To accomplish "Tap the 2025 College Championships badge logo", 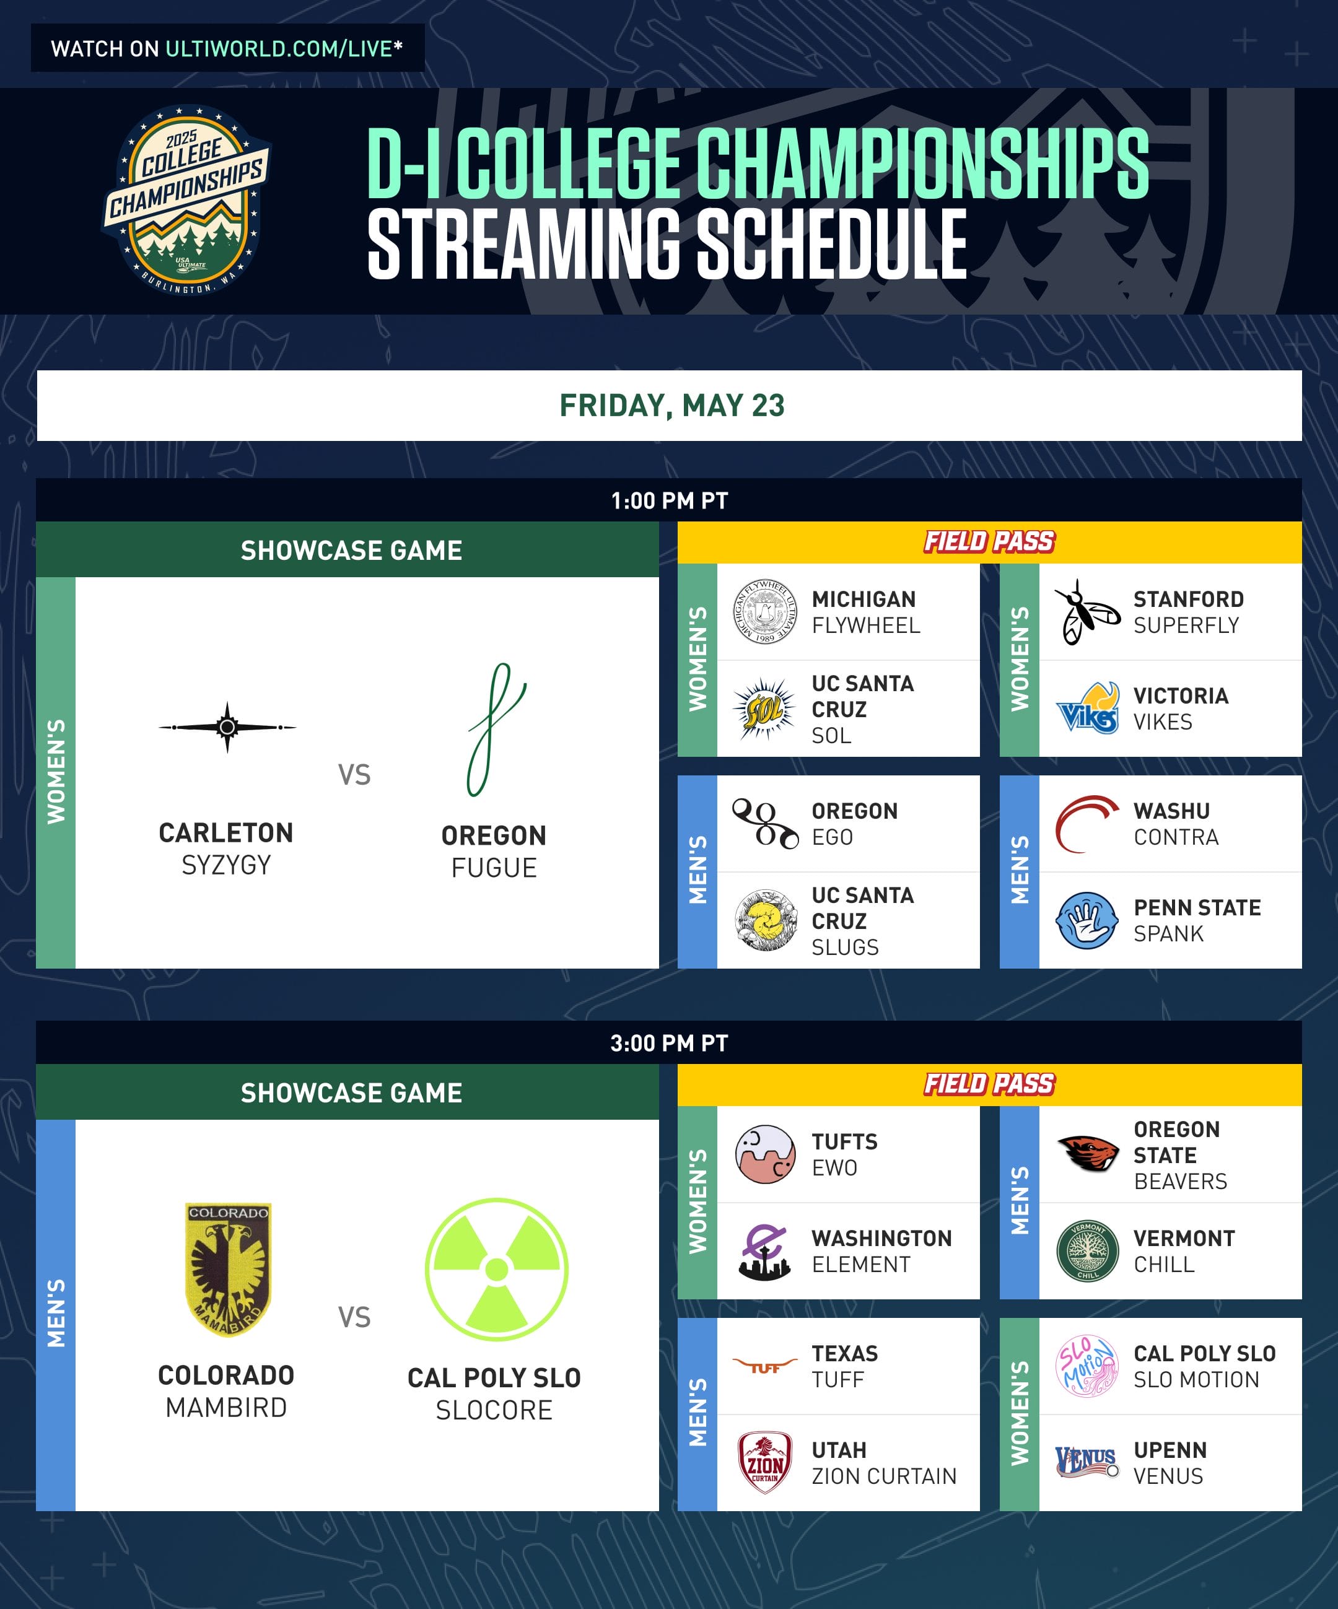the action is pyautogui.click(x=186, y=200).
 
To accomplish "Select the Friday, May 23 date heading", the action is pyautogui.click(x=672, y=405).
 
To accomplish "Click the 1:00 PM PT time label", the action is pyautogui.click(x=669, y=501).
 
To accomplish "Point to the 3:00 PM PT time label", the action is pyautogui.click(x=669, y=1043).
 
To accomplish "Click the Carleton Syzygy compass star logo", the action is pyautogui.click(x=227, y=727).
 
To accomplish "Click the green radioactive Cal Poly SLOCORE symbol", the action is pyautogui.click(x=497, y=1270).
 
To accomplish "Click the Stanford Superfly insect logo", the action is pyautogui.click(x=1087, y=611).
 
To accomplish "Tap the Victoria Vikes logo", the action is pyautogui.click(x=1087, y=708).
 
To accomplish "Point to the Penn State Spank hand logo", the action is pyautogui.click(x=1087, y=920).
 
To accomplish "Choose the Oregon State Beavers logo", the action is pyautogui.click(x=1087, y=1154).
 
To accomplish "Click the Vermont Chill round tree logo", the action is pyautogui.click(x=1087, y=1251).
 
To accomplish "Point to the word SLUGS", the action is pyautogui.click(x=846, y=948).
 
